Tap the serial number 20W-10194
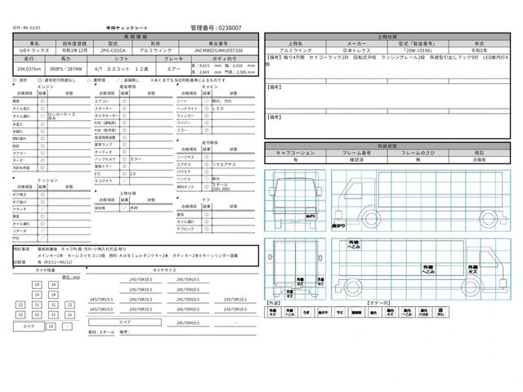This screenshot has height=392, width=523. [x=392, y=49]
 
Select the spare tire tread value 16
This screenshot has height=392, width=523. [x=51, y=326]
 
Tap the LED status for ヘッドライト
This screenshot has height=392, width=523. [x=220, y=108]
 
